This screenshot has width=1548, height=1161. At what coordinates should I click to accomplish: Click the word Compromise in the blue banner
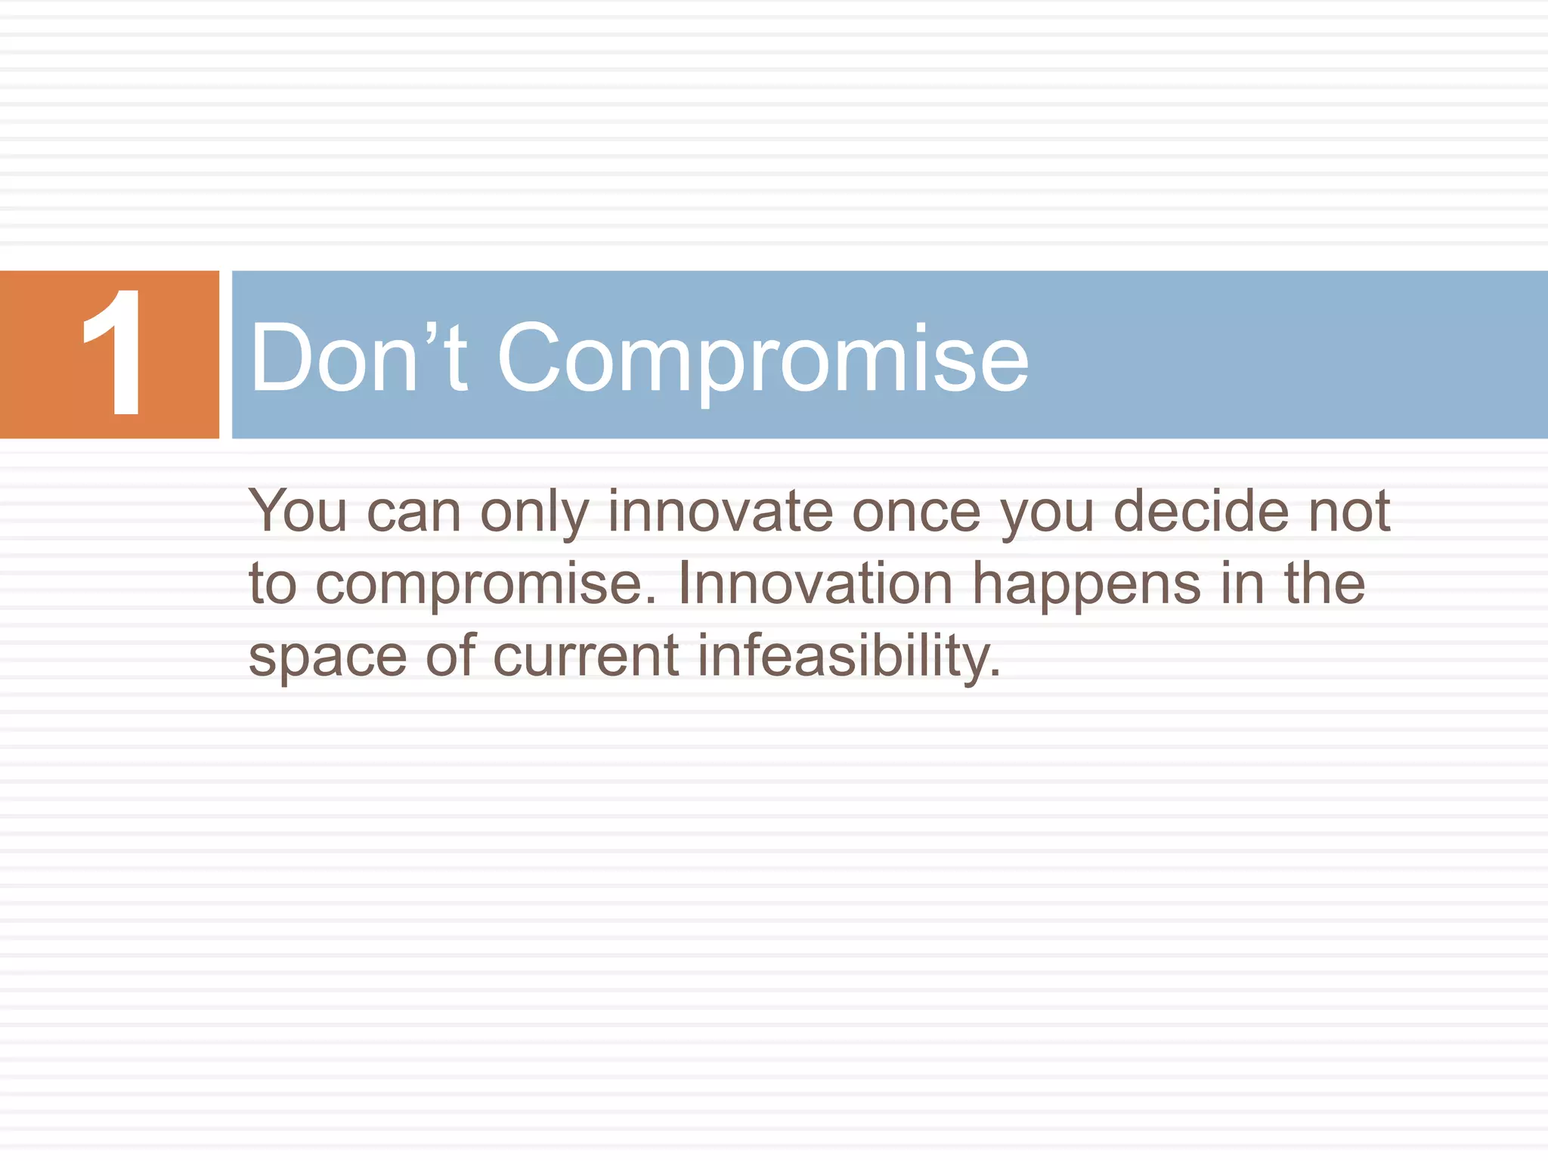point(763,358)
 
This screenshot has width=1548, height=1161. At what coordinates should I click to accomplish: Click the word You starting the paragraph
point(298,512)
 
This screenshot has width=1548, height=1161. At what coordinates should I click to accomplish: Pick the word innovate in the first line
point(720,512)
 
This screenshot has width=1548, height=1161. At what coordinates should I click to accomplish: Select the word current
point(586,656)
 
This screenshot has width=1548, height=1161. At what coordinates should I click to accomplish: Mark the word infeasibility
point(847,656)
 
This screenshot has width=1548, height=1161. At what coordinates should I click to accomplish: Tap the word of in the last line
point(450,655)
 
